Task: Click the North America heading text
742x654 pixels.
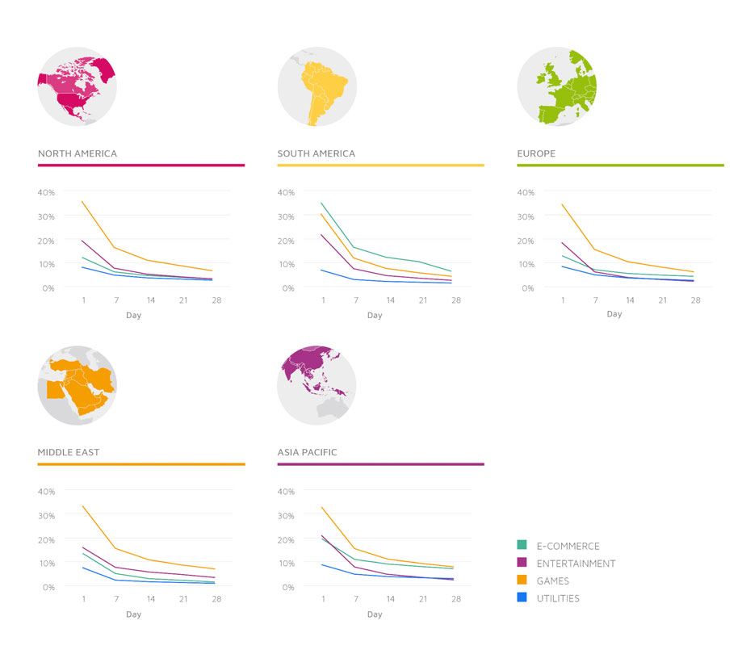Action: (78, 153)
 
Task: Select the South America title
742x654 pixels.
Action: (317, 153)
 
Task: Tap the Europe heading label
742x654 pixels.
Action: (536, 153)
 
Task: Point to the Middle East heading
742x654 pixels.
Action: (69, 452)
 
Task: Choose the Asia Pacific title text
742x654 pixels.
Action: (307, 452)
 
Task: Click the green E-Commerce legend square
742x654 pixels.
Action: (522, 545)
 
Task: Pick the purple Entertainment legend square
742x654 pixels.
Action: (522, 562)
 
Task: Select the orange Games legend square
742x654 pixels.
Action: (522, 580)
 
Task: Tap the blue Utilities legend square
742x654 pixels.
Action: (522, 597)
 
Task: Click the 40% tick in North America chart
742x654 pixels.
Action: (46, 192)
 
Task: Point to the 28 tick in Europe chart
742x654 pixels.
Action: (695, 300)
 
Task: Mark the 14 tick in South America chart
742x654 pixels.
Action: (390, 300)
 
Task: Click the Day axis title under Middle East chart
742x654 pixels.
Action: (133, 614)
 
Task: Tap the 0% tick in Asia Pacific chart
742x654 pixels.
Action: (288, 587)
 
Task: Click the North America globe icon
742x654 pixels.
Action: (78, 86)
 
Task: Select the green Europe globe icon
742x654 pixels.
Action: (557, 86)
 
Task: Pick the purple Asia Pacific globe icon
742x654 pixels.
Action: (317, 385)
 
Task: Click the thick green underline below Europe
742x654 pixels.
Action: (620, 166)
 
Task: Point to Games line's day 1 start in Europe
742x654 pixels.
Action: (562, 204)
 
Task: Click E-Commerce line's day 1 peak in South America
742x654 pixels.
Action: (321, 203)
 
